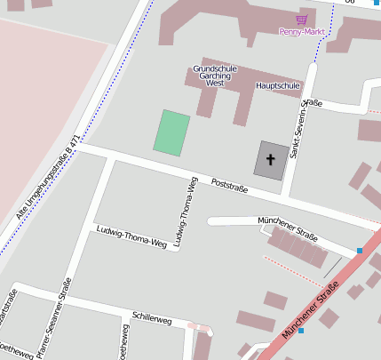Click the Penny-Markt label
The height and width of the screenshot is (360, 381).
coord(302,32)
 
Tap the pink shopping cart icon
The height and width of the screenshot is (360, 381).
coord(302,19)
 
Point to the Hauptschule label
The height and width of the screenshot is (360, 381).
coord(279,86)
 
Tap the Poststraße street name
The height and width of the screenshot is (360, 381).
coord(229,184)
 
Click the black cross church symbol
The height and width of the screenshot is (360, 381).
coord(271,159)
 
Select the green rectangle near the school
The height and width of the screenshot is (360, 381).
coord(171,132)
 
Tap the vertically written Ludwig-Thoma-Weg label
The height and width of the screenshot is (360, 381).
coord(184,212)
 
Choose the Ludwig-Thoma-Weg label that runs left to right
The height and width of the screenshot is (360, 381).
coord(131,236)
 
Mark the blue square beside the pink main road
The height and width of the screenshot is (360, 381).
coord(301,331)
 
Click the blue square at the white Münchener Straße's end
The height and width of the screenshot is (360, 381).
coord(359,251)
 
